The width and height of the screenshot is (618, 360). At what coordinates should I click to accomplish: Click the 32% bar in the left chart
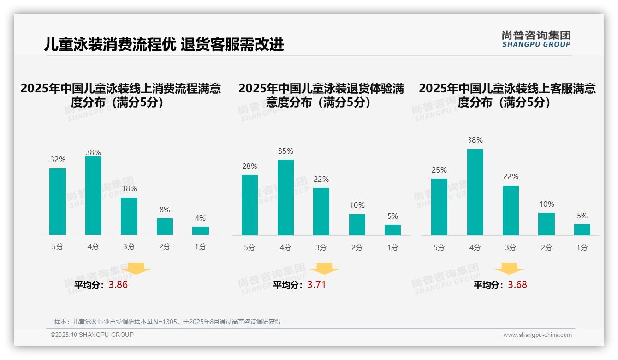click(58, 202)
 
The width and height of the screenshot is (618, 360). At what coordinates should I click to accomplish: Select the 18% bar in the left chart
click(129, 216)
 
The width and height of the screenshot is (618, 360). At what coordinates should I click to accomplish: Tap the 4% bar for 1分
click(201, 230)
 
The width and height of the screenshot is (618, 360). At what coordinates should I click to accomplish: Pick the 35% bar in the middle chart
click(285, 198)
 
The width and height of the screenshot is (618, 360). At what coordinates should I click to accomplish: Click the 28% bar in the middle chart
click(250, 205)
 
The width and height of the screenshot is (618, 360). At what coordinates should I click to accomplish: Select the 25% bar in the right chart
click(439, 207)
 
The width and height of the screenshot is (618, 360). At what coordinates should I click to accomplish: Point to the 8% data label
click(165, 209)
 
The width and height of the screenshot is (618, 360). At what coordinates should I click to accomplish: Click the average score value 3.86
click(118, 285)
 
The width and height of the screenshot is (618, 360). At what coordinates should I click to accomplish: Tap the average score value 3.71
click(316, 285)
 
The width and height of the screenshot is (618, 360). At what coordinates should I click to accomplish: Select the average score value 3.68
click(517, 285)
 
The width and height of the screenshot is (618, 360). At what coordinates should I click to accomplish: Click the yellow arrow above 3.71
click(324, 269)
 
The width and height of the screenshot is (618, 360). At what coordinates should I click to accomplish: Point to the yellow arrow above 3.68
click(509, 269)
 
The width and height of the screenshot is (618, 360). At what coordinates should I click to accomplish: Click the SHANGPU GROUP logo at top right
click(536, 39)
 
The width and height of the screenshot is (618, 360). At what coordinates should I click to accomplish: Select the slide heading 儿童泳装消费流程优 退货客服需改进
click(164, 44)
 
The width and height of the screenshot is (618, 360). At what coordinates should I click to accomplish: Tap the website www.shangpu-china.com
click(537, 335)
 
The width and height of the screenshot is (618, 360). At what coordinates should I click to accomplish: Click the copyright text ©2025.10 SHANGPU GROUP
click(92, 335)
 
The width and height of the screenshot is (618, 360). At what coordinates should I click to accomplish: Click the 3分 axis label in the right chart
click(511, 247)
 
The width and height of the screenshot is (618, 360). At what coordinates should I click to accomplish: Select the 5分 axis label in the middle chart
click(250, 247)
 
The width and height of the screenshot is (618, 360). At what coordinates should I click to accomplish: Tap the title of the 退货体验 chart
click(321, 95)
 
